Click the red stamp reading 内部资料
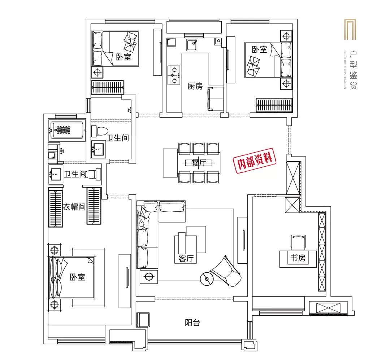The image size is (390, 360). [255, 160]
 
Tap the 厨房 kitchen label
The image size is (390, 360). [195, 86]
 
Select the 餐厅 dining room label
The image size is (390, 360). [199, 163]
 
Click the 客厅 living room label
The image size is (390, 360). [186, 259]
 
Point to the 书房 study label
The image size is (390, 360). [298, 258]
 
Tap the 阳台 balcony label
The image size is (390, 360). [192, 322]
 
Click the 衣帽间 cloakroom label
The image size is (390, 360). [74, 207]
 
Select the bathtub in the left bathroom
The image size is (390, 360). [67, 130]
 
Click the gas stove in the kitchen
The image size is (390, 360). [174, 75]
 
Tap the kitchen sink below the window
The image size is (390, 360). [192, 45]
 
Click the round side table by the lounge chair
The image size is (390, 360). [207, 279]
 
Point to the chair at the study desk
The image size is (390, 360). [298, 242]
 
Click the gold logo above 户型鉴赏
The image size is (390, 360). [350, 29]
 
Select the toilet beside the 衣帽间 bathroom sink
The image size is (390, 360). [94, 174]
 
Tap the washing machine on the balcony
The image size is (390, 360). [143, 320]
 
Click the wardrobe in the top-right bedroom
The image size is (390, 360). [274, 105]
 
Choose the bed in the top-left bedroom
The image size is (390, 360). [115, 49]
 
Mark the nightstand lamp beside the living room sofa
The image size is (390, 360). [149, 277]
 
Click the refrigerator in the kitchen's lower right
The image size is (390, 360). [215, 98]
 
